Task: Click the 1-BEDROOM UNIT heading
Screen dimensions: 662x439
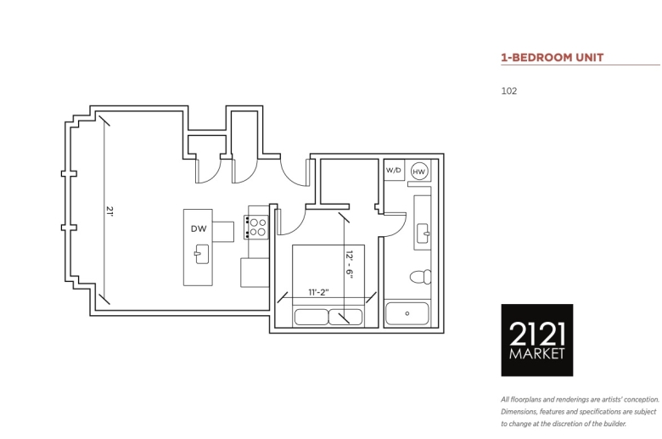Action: click(x=553, y=58)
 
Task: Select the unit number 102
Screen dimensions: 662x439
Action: click(x=508, y=91)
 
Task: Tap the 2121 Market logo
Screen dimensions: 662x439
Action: click(x=537, y=340)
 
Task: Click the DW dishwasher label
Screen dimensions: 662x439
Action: click(x=199, y=228)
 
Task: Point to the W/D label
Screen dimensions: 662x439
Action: click(x=394, y=171)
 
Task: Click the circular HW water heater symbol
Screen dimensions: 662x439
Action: click(x=418, y=172)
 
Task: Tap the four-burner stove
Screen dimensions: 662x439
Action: click(x=256, y=228)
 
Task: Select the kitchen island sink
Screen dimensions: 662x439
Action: click(x=201, y=254)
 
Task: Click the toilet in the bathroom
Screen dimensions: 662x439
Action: click(x=420, y=277)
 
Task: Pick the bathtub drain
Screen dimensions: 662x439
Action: click(x=407, y=313)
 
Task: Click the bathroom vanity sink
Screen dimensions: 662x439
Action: click(x=423, y=234)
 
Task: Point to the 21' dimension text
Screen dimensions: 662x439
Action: click(x=109, y=211)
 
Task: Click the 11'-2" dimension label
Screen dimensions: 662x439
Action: click(x=318, y=292)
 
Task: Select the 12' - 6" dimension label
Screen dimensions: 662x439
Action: click(x=349, y=263)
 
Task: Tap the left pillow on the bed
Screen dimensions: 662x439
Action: click(x=311, y=317)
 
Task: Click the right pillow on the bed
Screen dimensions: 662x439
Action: click(x=345, y=317)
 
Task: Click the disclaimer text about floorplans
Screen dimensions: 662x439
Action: click(x=580, y=412)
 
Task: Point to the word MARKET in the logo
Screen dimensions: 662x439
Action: click(x=536, y=353)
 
